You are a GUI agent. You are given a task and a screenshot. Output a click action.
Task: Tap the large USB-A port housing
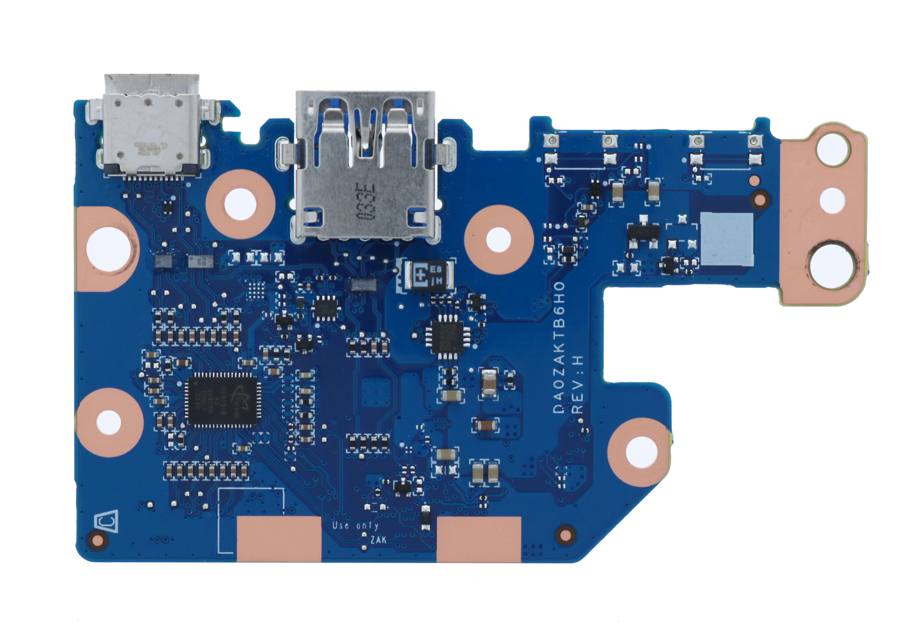coord(365,166)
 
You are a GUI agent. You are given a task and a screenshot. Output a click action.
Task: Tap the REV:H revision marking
coord(578,383)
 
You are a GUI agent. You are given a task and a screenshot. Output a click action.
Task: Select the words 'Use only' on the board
coord(355,526)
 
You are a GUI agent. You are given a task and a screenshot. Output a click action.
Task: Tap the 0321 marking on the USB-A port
coord(364,201)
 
